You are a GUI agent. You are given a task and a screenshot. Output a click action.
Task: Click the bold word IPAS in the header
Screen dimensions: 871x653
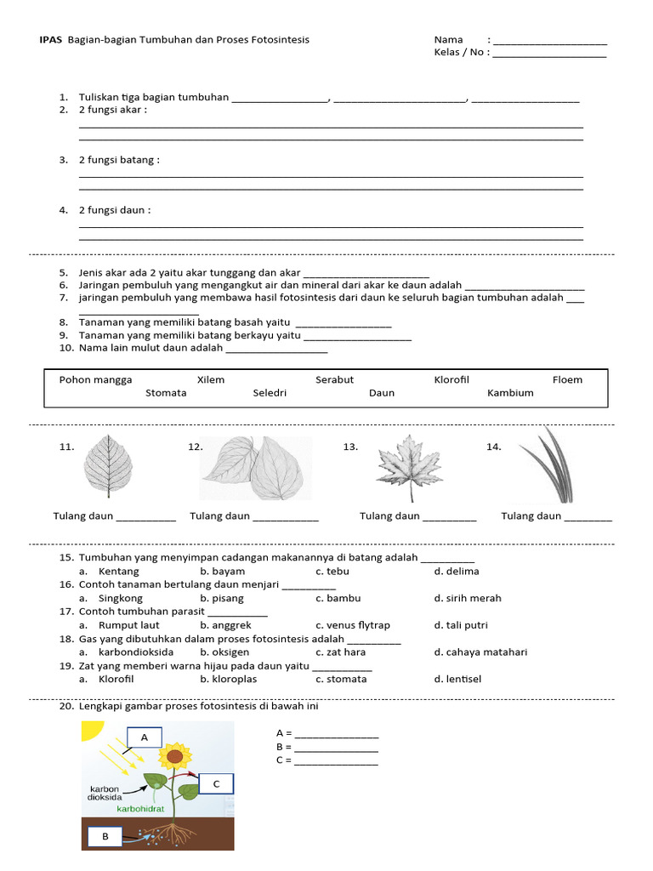click(x=50, y=40)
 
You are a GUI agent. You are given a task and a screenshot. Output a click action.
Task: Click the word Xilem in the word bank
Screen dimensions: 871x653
click(x=211, y=379)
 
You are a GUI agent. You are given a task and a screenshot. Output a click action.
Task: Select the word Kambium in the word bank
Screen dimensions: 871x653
click(x=510, y=393)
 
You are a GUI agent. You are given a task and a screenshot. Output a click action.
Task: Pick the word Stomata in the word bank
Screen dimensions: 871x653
click(x=166, y=393)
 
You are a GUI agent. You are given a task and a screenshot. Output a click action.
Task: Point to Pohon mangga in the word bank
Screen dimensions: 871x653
click(x=95, y=379)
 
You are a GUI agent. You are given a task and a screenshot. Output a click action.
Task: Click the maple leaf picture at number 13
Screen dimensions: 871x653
click(x=410, y=468)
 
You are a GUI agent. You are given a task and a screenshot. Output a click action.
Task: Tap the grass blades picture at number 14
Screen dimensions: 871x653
click(x=549, y=466)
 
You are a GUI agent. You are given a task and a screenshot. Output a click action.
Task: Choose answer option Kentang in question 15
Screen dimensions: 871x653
click(x=118, y=572)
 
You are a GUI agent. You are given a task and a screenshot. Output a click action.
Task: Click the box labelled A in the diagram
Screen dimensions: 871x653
click(x=145, y=737)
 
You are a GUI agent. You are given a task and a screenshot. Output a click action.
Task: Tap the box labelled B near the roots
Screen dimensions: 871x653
click(x=105, y=836)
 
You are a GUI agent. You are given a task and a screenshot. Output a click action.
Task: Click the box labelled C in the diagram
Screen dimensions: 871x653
click(x=216, y=783)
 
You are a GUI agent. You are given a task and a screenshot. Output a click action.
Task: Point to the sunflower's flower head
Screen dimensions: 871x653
click(x=174, y=754)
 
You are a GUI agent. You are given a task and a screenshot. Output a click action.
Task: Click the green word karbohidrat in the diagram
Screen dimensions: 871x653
click(x=140, y=809)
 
